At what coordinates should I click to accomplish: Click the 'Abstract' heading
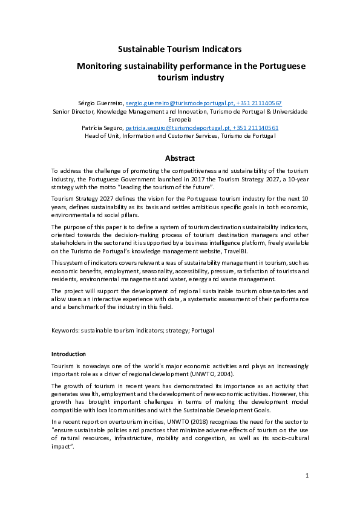click(180, 158)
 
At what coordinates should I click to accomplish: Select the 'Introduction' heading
click(68, 354)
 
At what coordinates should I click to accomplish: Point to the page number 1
click(307, 476)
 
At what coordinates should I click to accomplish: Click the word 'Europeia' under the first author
click(180, 120)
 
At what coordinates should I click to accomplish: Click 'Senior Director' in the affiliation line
click(73, 111)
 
